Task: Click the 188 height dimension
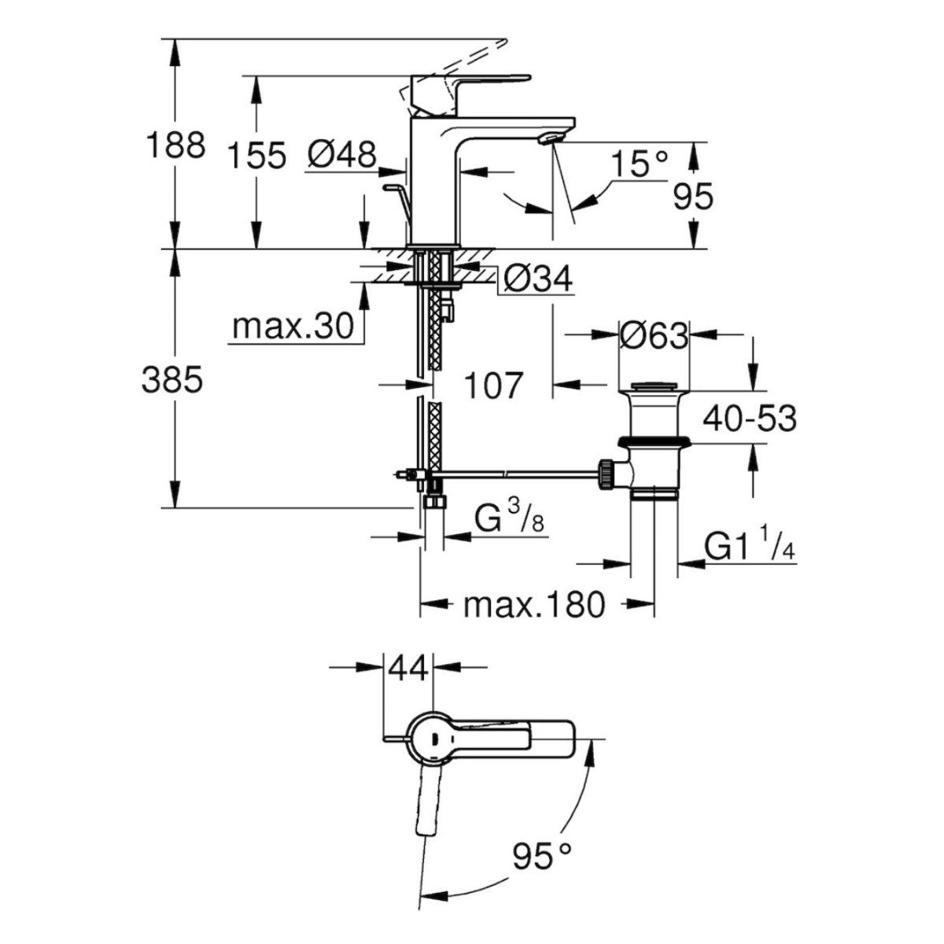176,146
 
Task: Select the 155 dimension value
256,156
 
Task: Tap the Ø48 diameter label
341,155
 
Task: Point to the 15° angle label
639,165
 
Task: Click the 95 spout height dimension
694,197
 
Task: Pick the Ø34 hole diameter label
538,278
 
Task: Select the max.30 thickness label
293,327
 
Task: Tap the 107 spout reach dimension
492,385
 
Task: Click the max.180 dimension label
535,605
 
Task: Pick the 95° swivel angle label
540,855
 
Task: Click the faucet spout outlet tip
551,138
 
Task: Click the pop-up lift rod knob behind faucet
392,188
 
